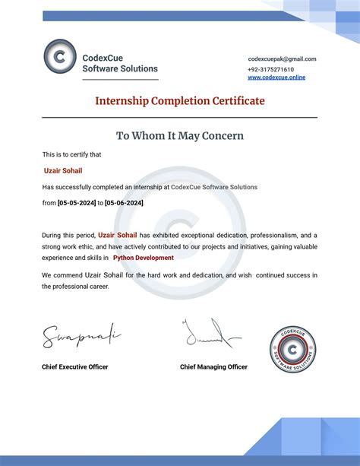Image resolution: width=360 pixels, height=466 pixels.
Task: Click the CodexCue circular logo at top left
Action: (x=60, y=56)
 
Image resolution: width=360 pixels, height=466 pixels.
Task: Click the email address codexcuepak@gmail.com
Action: (x=282, y=59)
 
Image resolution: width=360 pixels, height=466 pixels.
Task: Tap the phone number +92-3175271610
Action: (x=270, y=68)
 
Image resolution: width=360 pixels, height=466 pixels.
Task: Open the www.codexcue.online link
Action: (x=276, y=78)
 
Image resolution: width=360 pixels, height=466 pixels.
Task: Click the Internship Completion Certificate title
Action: (x=180, y=101)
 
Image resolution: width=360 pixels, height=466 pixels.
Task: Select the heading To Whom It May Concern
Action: (x=180, y=136)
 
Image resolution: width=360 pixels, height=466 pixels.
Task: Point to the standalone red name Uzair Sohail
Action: (x=63, y=171)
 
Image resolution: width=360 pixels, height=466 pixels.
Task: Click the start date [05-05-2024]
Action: (x=76, y=203)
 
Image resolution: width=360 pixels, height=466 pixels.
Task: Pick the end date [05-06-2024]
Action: (x=124, y=203)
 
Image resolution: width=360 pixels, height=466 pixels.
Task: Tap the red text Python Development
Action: (x=144, y=258)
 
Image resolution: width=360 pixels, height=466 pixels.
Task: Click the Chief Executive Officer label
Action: (x=75, y=366)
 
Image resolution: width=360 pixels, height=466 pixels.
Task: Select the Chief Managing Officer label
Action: (x=213, y=366)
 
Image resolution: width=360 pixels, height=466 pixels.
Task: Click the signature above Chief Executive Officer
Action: (x=80, y=334)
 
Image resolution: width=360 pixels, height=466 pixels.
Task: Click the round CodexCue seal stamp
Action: (x=292, y=350)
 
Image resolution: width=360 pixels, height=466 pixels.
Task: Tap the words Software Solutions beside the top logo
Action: (x=120, y=69)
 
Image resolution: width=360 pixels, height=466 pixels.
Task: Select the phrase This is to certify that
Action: (x=72, y=154)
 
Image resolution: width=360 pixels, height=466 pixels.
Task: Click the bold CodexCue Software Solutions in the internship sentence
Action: (x=214, y=187)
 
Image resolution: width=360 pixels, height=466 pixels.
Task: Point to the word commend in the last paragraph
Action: (x=71, y=274)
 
